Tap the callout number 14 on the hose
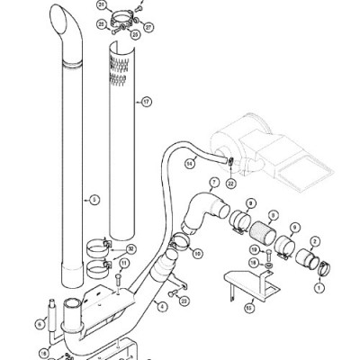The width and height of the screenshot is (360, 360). click(x=191, y=164)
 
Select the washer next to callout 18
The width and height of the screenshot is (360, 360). click(x=268, y=265)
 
